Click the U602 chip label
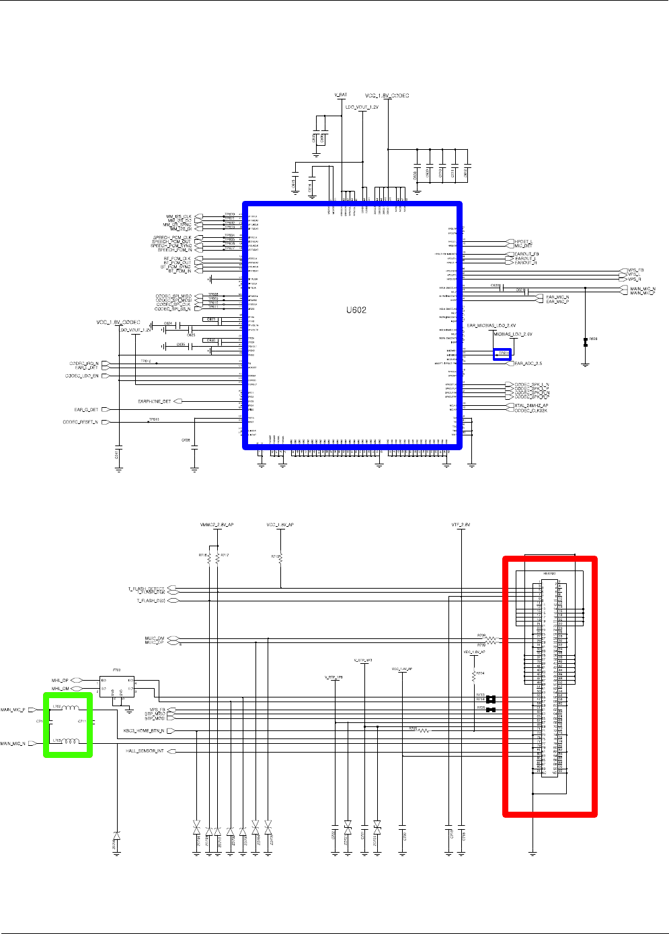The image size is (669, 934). point(356,310)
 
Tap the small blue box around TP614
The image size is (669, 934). point(502,353)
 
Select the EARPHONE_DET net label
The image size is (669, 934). point(154,401)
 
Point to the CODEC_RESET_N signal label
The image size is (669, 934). point(80,422)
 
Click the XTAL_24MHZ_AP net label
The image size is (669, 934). point(531,406)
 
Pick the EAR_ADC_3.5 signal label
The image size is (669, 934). point(528,364)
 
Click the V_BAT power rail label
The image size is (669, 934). point(341,95)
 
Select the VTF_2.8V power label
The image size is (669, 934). point(461,525)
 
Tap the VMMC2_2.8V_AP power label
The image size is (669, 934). point(217,525)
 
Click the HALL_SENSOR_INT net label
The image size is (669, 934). point(145,751)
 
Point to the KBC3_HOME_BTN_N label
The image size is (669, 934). point(144,730)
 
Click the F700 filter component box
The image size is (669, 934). point(117,686)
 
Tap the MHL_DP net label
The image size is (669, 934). point(61,681)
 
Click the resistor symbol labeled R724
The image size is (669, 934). point(474,674)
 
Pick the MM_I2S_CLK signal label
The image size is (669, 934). point(179,217)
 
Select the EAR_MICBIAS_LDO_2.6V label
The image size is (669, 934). point(491,325)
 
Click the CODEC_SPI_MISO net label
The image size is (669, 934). point(173,296)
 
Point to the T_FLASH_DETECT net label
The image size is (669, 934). point(146,589)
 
